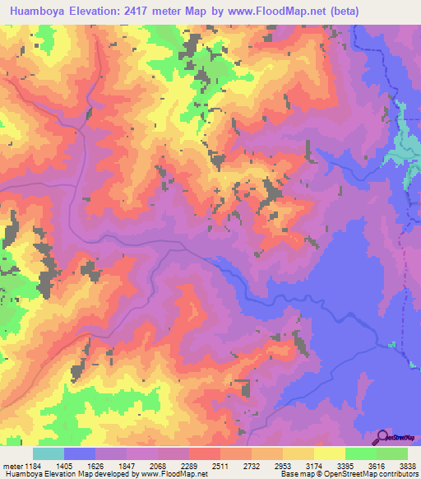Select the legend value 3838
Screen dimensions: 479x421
click(405, 466)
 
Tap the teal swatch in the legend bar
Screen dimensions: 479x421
click(49, 453)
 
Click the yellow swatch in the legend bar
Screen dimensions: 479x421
click(329, 453)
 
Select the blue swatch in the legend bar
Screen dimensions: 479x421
click(80, 453)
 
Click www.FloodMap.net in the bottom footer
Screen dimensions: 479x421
click(174, 474)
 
